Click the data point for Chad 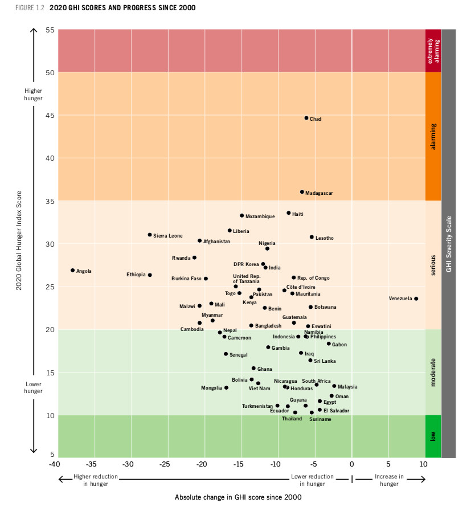(x=306, y=118)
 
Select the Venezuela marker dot (x=416, y=299)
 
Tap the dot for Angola (x=73, y=270)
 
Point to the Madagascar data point (x=302, y=192)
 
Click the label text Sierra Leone (x=168, y=235)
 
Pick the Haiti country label (x=298, y=214)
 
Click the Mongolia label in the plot (x=211, y=388)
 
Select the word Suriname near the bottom (x=320, y=419)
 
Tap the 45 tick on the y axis (x=50, y=116)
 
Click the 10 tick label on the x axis (x=424, y=463)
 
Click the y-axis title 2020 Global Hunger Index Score (x=19, y=241)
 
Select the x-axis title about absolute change (x=238, y=497)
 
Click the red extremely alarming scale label (x=433, y=50)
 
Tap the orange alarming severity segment (x=433, y=136)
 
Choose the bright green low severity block (x=433, y=436)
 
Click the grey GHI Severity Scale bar (x=449, y=243)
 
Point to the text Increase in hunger (x=390, y=480)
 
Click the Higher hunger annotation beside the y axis (x=33, y=94)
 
